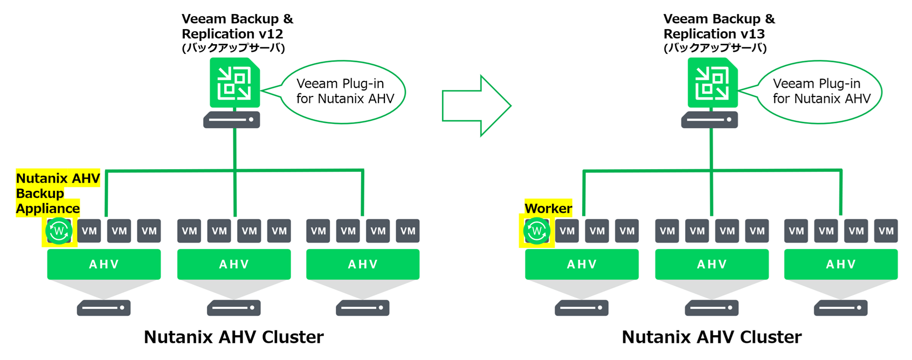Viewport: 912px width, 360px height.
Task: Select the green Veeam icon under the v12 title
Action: click(x=234, y=83)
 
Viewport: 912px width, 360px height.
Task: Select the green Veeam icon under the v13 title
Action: click(x=712, y=83)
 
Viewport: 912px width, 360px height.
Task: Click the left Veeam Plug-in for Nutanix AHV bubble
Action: click(x=344, y=92)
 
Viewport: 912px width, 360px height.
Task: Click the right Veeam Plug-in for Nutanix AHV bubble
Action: click(x=820, y=92)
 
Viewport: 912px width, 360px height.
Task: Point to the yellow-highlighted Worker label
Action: click(x=548, y=208)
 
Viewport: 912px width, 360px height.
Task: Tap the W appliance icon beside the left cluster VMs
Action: click(x=59, y=231)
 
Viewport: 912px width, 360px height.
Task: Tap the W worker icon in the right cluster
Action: click(x=536, y=231)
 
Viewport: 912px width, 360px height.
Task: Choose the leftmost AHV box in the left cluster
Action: click(x=103, y=264)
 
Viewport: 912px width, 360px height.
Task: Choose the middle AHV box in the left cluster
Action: click(x=234, y=264)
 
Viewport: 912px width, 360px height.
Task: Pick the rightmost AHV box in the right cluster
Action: click(x=840, y=264)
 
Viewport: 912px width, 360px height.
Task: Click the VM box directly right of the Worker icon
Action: click(x=567, y=231)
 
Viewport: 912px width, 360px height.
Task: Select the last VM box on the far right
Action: click(x=886, y=231)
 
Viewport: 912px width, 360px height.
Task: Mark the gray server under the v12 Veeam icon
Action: click(x=231, y=120)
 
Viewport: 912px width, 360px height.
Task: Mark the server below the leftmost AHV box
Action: click(x=103, y=308)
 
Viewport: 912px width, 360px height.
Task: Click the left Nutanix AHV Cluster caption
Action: click(x=233, y=337)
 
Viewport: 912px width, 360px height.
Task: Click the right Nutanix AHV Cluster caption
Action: click(x=711, y=337)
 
